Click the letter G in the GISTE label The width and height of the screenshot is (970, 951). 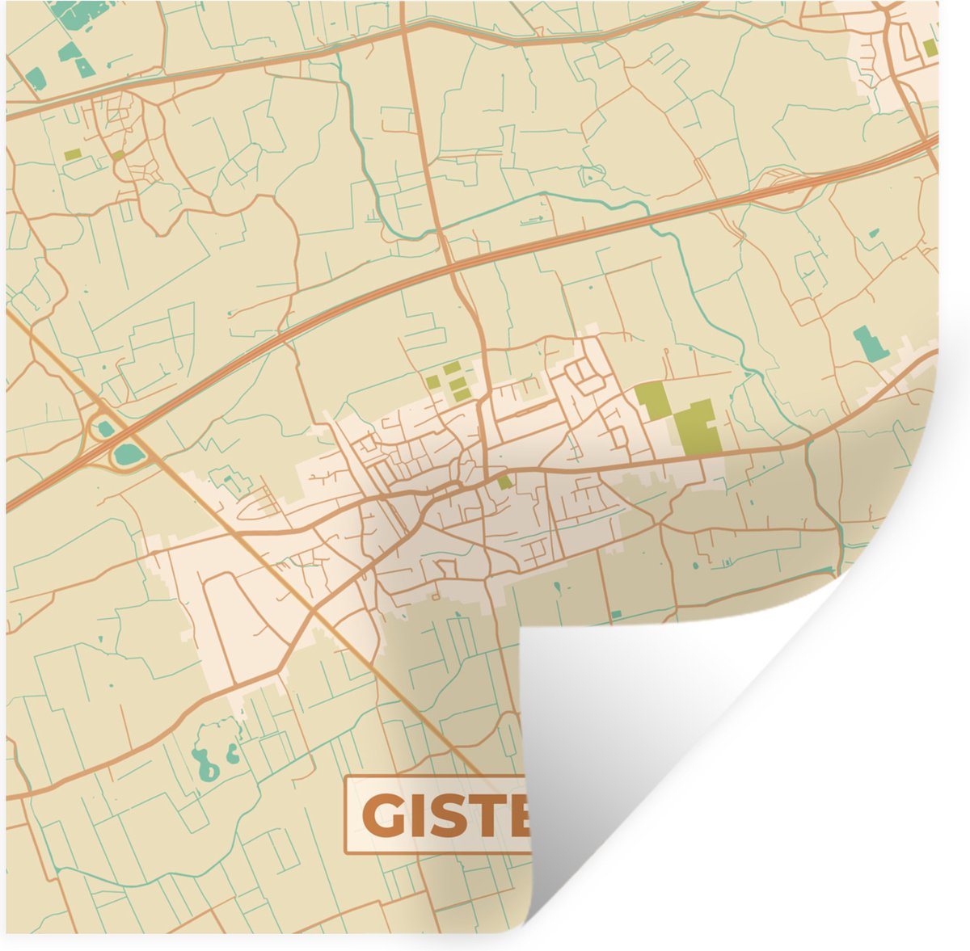click(x=380, y=815)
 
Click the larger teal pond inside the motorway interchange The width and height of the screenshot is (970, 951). click(x=128, y=455)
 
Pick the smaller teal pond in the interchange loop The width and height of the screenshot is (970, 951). click(x=105, y=429)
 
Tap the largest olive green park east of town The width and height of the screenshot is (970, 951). click(x=697, y=427)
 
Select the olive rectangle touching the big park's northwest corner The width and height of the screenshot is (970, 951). click(x=653, y=400)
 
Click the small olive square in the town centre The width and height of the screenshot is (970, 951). click(x=504, y=482)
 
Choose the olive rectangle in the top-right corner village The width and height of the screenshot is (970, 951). click(x=931, y=47)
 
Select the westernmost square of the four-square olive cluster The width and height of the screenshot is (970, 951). click(x=433, y=382)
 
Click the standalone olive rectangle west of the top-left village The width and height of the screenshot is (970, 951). click(x=73, y=154)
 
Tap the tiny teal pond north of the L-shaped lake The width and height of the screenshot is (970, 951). click(x=873, y=234)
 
